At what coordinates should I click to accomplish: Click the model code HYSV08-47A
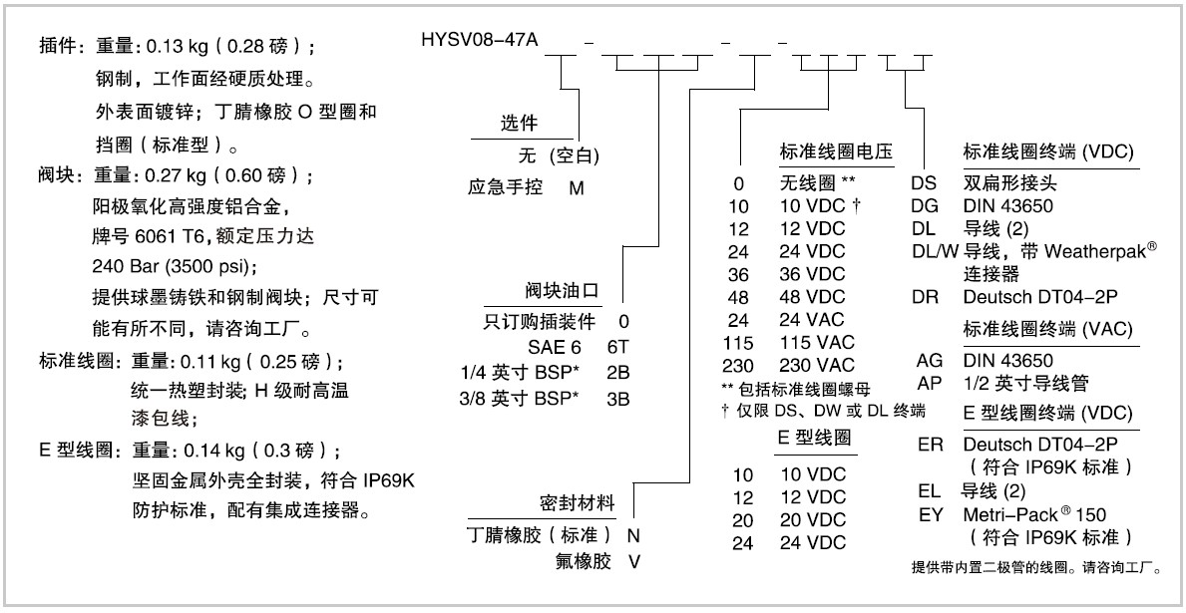(480, 38)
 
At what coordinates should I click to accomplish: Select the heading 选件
(520, 125)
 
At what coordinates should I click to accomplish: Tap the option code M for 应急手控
(577, 188)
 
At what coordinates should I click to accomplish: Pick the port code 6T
(617, 347)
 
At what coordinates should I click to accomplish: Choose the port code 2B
(618, 373)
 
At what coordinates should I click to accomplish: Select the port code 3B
(618, 399)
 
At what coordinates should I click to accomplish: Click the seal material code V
(634, 562)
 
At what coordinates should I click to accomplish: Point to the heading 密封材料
(577, 503)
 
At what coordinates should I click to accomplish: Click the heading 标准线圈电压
(836, 152)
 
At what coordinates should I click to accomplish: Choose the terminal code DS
(924, 183)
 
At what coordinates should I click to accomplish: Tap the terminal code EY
(930, 515)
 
